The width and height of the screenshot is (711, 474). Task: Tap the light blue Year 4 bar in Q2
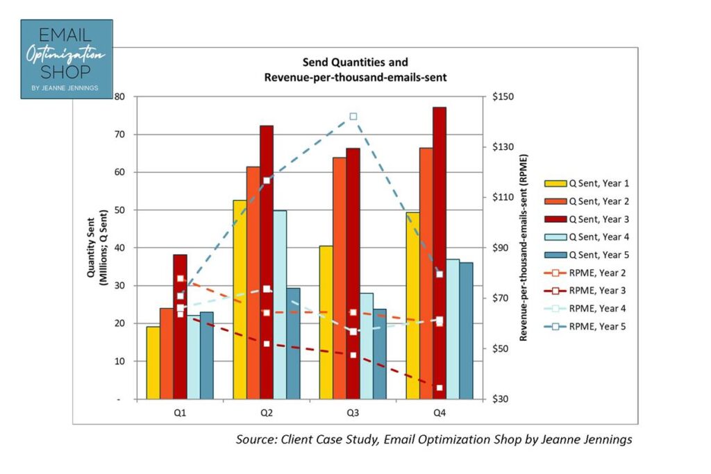(280, 305)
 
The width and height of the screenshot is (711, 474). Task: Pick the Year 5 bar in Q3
(380, 354)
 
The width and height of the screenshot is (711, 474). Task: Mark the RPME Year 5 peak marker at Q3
(353, 117)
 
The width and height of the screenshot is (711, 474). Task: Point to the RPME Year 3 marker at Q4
(440, 387)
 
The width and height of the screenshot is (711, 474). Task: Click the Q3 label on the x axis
(353, 412)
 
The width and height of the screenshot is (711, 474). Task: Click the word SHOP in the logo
(65, 72)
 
